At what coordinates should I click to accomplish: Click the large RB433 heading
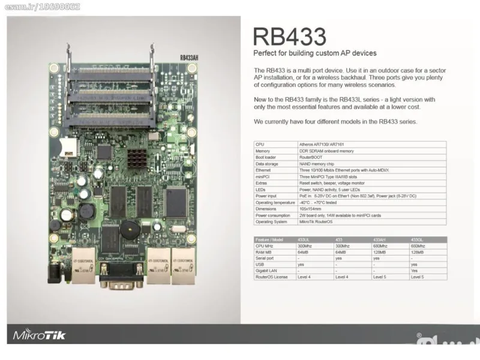(x=290, y=36)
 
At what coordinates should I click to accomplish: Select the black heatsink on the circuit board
(x=137, y=158)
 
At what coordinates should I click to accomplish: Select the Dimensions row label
(x=266, y=209)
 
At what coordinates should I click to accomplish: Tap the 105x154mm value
(x=311, y=209)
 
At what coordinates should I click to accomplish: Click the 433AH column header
(x=380, y=239)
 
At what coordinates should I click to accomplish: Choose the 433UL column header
(x=304, y=239)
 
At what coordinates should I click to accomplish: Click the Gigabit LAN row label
(x=266, y=271)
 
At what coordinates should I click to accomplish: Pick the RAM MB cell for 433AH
(x=381, y=252)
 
